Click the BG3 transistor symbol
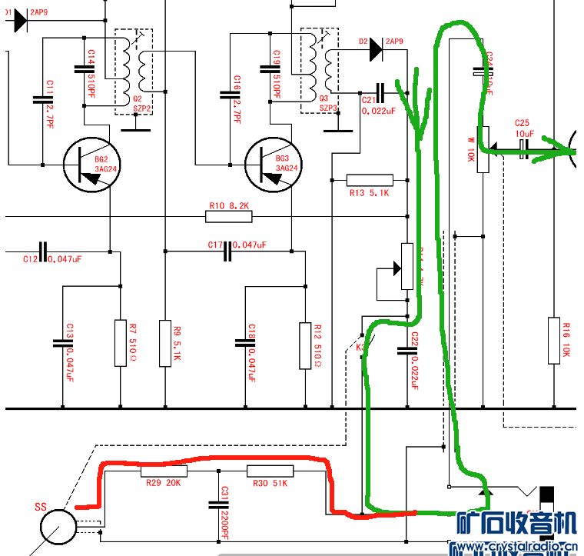coord(272,164)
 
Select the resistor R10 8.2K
coord(228,217)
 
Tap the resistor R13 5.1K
coord(370,181)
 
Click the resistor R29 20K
coord(164,471)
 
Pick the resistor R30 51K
coord(270,471)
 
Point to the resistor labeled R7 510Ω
coord(119,342)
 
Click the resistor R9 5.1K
coord(165,342)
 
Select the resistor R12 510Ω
coord(304,342)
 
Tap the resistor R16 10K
coord(555,340)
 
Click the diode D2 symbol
coord(375,49)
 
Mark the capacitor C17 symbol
coord(227,251)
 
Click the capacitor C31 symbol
coord(219,505)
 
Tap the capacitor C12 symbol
coord(42,251)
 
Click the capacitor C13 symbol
coord(61,342)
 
